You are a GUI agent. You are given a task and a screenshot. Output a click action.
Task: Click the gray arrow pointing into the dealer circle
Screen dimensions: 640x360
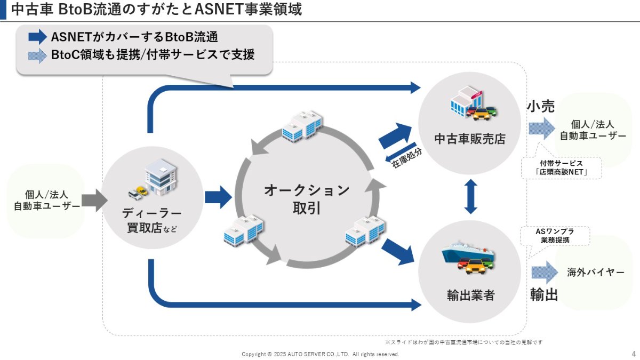pos(94,201)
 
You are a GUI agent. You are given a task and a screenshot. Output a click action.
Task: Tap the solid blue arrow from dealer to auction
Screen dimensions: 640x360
pos(218,197)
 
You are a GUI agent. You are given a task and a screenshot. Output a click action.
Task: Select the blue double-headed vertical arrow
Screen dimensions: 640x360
pos(470,197)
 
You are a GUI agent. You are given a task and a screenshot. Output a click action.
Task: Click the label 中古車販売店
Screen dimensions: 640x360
pos(470,139)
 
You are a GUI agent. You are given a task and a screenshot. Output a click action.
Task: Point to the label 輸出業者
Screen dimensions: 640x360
pos(470,295)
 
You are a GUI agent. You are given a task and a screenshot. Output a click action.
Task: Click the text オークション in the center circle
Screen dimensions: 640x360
pos(307,190)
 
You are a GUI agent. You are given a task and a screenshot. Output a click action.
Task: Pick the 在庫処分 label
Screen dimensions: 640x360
pos(406,158)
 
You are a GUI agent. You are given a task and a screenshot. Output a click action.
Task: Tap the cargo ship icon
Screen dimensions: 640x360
pos(467,253)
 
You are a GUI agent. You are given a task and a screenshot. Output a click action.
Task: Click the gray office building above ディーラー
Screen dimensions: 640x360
pos(161,177)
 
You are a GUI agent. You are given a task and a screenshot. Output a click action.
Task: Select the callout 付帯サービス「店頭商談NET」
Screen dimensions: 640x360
pos(561,167)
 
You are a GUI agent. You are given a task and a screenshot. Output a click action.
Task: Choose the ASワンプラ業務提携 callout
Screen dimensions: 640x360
pos(555,236)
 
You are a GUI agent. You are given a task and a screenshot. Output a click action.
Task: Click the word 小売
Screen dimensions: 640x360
pos(541,106)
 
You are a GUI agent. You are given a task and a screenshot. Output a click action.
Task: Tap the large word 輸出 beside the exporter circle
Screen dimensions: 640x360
pos(543,294)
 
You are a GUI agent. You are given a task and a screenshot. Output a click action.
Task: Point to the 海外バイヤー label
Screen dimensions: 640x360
pos(595,273)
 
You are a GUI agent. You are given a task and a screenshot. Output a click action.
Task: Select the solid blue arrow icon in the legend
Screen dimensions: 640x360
pos(37,37)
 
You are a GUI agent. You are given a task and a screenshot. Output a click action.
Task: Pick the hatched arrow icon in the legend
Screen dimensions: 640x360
pos(37,55)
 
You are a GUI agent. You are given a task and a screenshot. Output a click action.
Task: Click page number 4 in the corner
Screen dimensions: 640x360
pos(634,354)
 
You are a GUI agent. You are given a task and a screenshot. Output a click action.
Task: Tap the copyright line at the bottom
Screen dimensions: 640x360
pos(321,354)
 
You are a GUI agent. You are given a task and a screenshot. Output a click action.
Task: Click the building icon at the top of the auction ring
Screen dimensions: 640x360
pos(302,125)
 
